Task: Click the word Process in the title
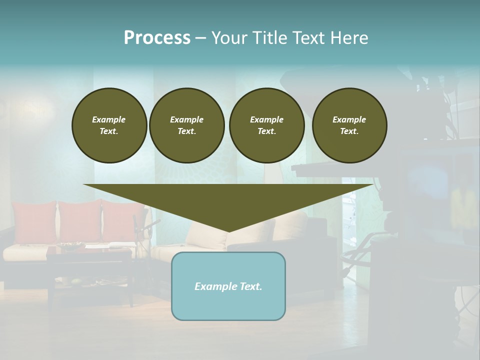tap(157, 38)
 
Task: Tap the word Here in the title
tap(348, 38)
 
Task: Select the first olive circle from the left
tap(109, 125)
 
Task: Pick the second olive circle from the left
tap(187, 125)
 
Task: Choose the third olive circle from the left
tap(267, 125)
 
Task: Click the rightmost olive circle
tap(349, 125)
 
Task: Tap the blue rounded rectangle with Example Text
tap(228, 286)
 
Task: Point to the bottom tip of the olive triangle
tap(229, 231)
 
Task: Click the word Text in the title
tap(308, 38)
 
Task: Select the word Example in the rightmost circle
tap(349, 119)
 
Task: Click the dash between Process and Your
tap(200, 38)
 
